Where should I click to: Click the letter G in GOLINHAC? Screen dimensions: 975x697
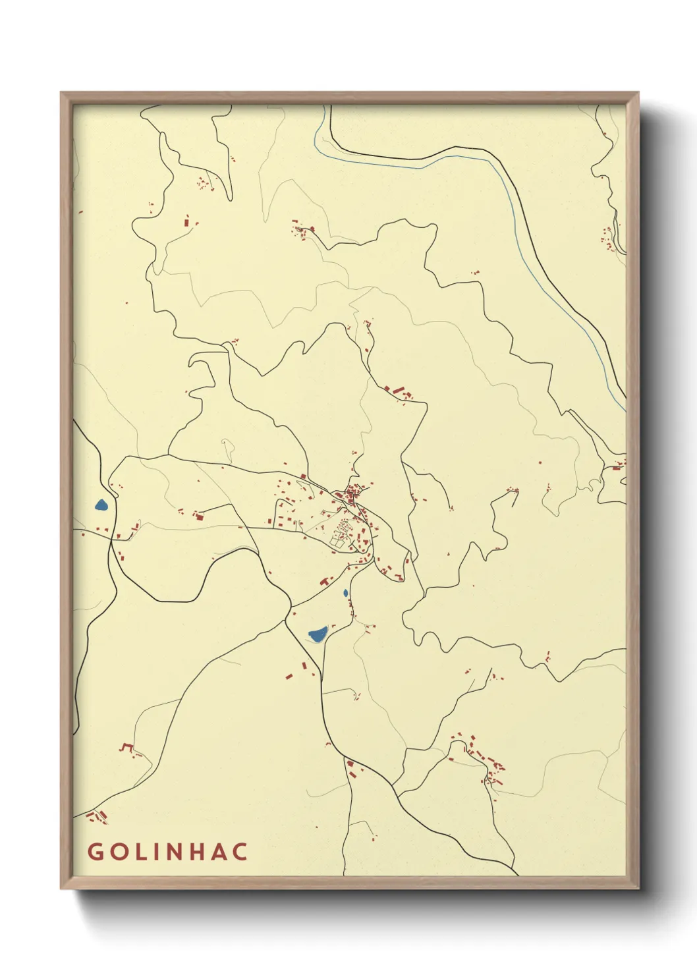pos(96,851)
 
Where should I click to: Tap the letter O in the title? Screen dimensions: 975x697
pos(120,851)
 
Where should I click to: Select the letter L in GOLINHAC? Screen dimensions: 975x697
pos(142,851)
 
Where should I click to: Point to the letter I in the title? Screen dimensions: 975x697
pos(158,851)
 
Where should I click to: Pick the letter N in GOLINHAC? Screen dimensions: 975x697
pos(178,851)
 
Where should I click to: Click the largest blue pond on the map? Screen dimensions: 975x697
pos(318,634)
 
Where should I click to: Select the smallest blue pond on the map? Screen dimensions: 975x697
pos(345,593)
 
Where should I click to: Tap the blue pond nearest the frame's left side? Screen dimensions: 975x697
pos(101,505)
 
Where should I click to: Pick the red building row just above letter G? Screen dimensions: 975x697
pos(98,817)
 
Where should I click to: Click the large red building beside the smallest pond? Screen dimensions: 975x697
pos(325,581)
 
